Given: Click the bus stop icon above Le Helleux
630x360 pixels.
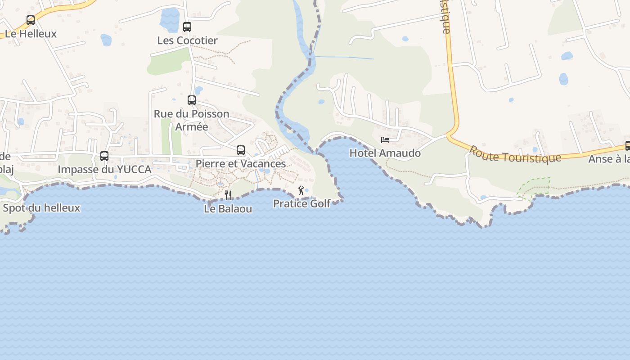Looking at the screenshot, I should [x=31, y=20].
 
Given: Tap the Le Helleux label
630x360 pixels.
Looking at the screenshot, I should [x=31, y=34].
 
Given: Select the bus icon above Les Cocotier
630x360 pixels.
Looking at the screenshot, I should [x=187, y=27].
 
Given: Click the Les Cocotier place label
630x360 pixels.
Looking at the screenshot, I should [x=187, y=40].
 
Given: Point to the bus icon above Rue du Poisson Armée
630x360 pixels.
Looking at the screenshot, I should [x=192, y=100].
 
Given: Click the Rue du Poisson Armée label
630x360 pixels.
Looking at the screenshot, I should [x=192, y=120].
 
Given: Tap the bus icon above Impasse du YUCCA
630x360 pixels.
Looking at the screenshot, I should [x=104, y=156].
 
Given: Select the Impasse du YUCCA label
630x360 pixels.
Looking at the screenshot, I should [x=104, y=170].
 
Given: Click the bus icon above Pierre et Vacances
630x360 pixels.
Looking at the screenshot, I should [x=241, y=150].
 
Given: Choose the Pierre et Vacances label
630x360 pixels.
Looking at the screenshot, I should [x=241, y=164].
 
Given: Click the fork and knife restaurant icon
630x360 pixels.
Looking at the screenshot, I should [x=228, y=195].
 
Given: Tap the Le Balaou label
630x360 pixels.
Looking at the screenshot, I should [x=228, y=209].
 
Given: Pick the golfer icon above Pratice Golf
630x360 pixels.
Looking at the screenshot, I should [x=301, y=190].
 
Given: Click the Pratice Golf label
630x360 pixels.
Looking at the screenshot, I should [x=302, y=204].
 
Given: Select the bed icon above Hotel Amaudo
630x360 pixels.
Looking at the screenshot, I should [x=385, y=140].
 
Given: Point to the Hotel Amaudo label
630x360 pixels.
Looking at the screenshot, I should [x=385, y=153].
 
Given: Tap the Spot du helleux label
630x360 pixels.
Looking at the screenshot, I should [x=41, y=208].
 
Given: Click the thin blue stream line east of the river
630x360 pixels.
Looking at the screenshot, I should [x=344, y=57].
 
